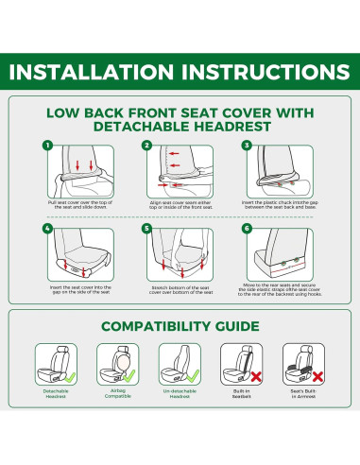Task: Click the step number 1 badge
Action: (46, 146)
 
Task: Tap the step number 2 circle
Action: (146, 146)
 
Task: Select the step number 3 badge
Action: (246, 146)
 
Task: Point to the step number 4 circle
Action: (46, 229)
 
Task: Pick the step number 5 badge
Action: (146, 229)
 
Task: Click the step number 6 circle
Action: (246, 229)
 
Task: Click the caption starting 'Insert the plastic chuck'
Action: (280, 205)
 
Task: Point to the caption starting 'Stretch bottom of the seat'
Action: (180, 290)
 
